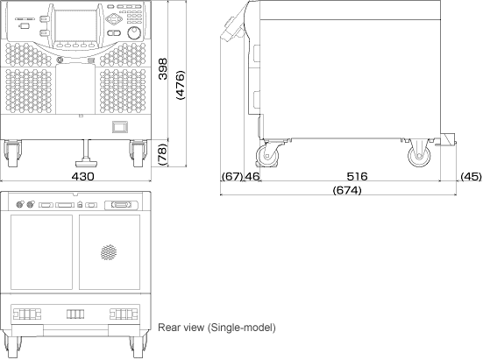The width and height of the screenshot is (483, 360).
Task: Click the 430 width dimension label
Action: [82, 176]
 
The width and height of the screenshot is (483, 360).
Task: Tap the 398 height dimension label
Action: [163, 69]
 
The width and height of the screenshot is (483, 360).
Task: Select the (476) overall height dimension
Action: [180, 85]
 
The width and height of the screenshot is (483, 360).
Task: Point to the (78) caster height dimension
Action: [162, 154]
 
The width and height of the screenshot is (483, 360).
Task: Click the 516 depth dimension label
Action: [357, 176]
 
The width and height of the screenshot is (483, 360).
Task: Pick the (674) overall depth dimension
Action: [347, 190]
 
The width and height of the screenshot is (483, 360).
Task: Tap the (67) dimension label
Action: [232, 176]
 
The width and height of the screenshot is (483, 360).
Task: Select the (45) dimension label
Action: [471, 176]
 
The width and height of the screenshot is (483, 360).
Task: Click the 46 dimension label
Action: [252, 176]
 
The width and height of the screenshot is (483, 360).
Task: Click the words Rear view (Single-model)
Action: [217, 328]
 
